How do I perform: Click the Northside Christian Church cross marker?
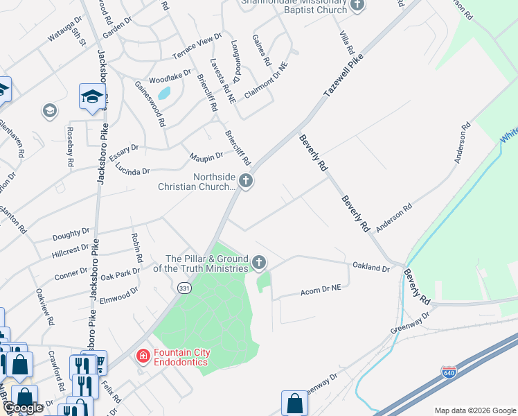pos(245,182)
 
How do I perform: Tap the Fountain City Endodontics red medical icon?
pos(143,356)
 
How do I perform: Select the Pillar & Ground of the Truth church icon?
pos(259,262)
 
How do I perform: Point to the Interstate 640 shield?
pos(448,372)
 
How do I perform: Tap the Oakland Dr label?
pos(370,267)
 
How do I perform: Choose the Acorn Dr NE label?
pos(321,288)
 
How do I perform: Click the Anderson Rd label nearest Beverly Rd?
pos(394,216)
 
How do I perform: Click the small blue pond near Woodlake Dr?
pos(164,93)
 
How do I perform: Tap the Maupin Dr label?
pos(206,157)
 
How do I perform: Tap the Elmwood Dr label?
pos(119,297)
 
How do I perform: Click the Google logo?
pos(22,408)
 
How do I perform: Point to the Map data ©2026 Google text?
pos(475,410)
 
